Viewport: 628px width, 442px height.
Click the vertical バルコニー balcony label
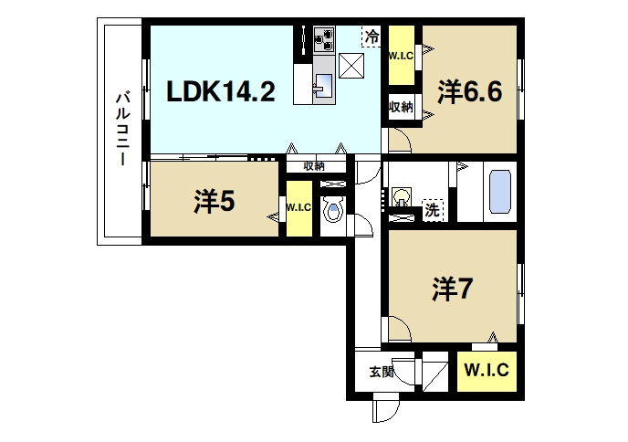pyautogui.click(x=120, y=128)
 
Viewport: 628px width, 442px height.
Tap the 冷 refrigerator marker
pyautogui.click(x=372, y=37)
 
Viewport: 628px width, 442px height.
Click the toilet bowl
pyautogui.click(x=333, y=212)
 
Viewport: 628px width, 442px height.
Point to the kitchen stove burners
pyautogui.click(x=325, y=38)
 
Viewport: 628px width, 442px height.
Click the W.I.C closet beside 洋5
pyautogui.click(x=298, y=207)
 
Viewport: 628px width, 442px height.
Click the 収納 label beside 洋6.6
pyautogui.click(x=401, y=107)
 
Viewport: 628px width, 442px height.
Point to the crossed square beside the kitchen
pyautogui.click(x=351, y=67)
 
